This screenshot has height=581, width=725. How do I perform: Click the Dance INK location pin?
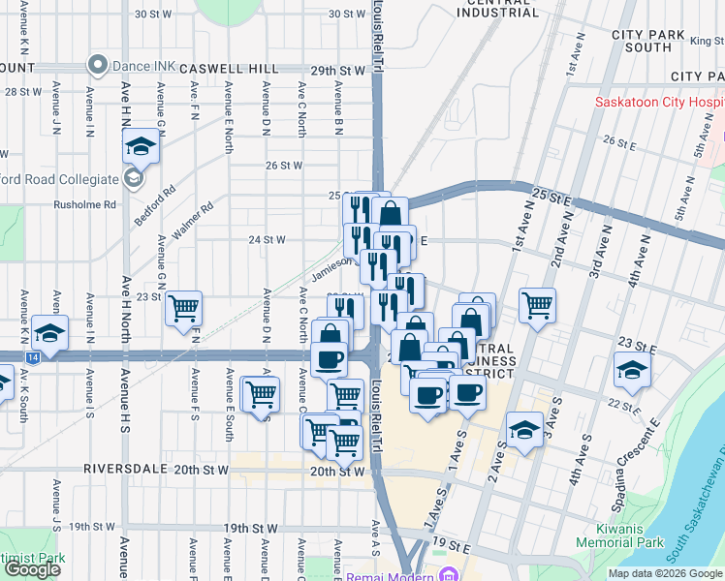coord(97,66)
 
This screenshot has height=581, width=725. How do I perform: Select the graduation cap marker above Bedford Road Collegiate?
coord(141,147)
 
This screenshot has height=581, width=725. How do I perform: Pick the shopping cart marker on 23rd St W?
coord(183,309)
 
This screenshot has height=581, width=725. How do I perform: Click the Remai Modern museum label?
coord(393,575)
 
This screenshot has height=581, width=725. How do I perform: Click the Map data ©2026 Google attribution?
coord(665,573)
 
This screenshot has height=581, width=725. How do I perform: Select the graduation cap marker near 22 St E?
coord(632,371)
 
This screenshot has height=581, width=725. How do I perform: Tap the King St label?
coord(706,41)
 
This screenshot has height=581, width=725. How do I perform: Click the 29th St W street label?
coord(337,71)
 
